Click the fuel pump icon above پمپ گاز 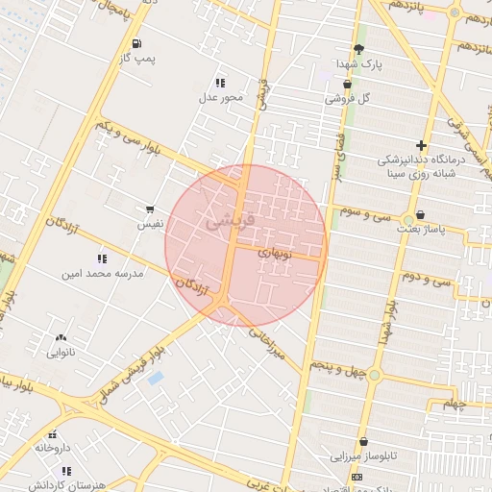(136, 43)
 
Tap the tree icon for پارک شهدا (358, 48)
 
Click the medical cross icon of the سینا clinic (421, 145)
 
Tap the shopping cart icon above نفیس (150, 209)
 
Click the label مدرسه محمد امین (102, 273)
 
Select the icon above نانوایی (61, 337)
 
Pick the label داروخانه (53, 448)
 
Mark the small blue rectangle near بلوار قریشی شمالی (156, 378)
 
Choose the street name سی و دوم (427, 278)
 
